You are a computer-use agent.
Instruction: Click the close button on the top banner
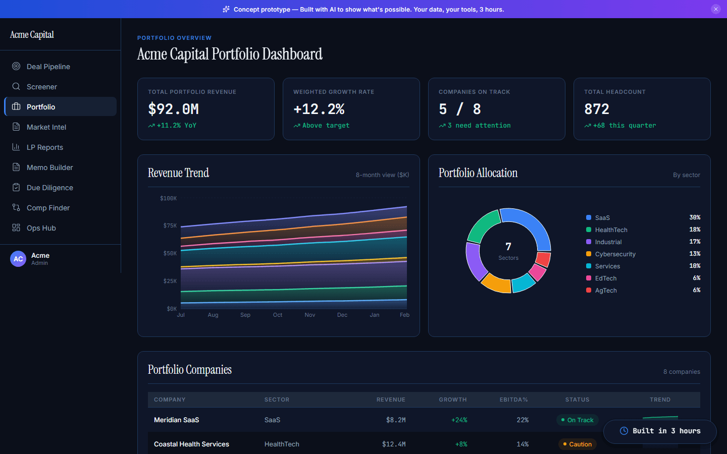pyautogui.click(x=715, y=9)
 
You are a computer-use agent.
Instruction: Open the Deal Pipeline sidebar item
pyautogui.click(x=48, y=67)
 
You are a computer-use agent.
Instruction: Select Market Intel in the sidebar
pyautogui.click(x=46, y=127)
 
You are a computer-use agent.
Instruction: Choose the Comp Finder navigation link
pyautogui.click(x=48, y=208)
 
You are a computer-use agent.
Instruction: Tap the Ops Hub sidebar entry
pyautogui.click(x=41, y=228)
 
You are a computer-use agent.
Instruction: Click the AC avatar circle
pyautogui.click(x=18, y=259)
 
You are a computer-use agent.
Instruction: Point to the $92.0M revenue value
pyautogui.click(x=173, y=109)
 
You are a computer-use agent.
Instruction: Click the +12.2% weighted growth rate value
pyautogui.click(x=319, y=109)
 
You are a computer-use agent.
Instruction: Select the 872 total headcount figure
pyautogui.click(x=597, y=109)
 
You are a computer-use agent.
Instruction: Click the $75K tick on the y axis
pyautogui.click(x=170, y=225)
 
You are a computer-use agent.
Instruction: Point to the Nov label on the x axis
pyautogui.click(x=310, y=315)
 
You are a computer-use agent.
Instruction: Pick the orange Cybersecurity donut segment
pyautogui.click(x=496, y=283)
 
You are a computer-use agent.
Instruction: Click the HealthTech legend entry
pyautogui.click(x=611, y=230)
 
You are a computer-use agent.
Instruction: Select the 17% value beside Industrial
pyautogui.click(x=695, y=242)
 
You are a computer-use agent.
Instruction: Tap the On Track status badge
pyautogui.click(x=577, y=420)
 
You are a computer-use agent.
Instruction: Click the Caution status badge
pyautogui.click(x=577, y=444)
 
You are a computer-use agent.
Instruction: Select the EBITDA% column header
pyautogui.click(x=513, y=400)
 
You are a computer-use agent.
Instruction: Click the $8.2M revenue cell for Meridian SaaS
pyautogui.click(x=396, y=420)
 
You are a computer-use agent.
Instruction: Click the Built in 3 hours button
pyautogui.click(x=660, y=431)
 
